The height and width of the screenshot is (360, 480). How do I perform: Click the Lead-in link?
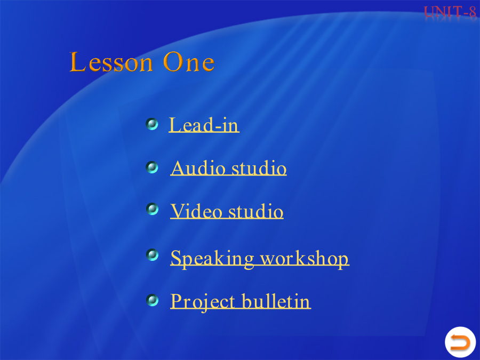(204, 125)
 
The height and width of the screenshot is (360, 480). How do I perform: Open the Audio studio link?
(228, 168)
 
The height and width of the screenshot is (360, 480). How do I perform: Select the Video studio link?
(227, 211)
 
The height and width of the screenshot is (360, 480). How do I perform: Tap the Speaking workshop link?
(260, 259)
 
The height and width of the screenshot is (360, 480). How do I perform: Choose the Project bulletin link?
(241, 301)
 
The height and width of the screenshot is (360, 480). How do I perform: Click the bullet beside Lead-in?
(152, 124)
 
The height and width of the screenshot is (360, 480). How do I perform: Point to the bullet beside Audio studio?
(152, 167)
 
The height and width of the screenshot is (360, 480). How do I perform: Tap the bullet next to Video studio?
(152, 209)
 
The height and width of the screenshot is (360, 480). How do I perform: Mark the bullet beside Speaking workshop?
(152, 255)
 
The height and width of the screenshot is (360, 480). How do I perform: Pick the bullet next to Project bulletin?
(152, 300)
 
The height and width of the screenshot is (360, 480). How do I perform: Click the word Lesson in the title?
(111, 62)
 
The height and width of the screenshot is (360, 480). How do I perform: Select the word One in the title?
(189, 62)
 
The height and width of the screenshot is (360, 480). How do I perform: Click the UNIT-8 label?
(450, 12)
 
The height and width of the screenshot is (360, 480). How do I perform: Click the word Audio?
(198, 168)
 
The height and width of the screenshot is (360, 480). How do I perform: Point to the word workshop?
(305, 259)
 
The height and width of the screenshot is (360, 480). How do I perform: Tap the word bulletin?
(276, 301)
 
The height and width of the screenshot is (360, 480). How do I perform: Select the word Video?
(196, 211)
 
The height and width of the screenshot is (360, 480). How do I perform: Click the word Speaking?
(212, 259)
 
